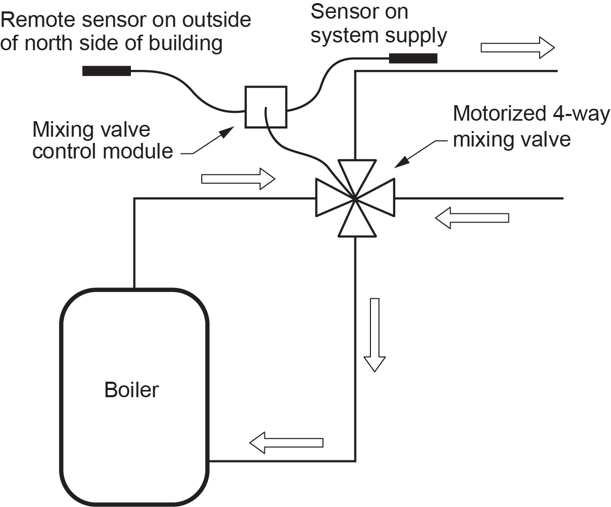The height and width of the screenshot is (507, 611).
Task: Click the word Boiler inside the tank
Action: [x=131, y=389]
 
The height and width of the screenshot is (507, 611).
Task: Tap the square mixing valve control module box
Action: [x=265, y=107]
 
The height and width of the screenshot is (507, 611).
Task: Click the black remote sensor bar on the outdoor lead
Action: [x=106, y=70]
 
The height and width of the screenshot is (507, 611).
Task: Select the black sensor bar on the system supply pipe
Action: [x=413, y=58]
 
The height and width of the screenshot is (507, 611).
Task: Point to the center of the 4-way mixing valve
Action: [x=355, y=197]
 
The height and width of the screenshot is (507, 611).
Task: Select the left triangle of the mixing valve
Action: [x=330, y=197]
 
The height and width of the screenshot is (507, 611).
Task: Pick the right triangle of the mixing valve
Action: [x=380, y=197]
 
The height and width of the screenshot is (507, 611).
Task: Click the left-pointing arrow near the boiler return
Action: [x=287, y=442]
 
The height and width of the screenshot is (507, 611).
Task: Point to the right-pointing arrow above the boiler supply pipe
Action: [x=237, y=179]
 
